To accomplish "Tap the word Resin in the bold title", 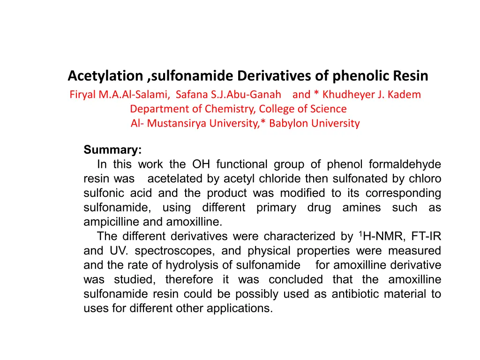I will (411, 75).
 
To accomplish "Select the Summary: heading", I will (112, 150).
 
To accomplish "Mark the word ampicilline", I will (110, 222).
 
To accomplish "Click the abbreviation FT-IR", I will (427, 237).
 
